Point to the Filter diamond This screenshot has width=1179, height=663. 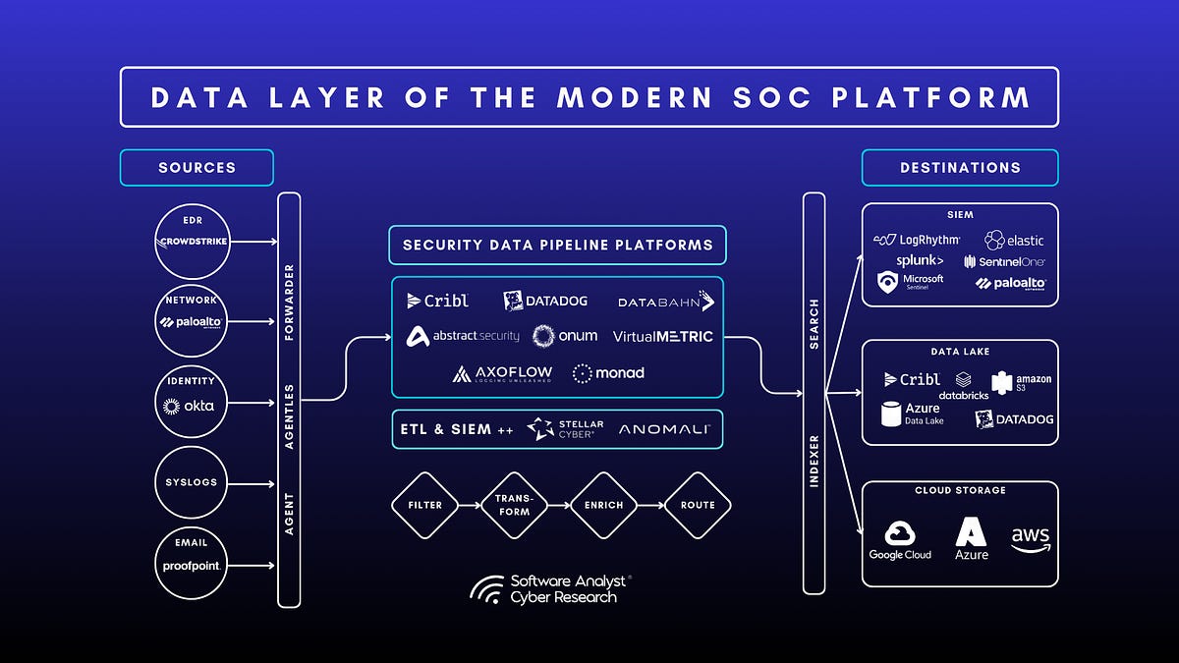(x=424, y=505)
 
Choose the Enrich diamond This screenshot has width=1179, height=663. (x=603, y=505)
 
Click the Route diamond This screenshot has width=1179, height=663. (x=698, y=505)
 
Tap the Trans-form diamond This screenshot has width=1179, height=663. (x=514, y=505)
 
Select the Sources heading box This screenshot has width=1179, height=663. (x=196, y=168)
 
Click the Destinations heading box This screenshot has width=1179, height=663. (x=960, y=168)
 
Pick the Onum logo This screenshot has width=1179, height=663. (x=565, y=336)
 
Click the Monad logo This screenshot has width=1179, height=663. (x=608, y=372)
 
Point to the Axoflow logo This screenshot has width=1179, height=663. (x=502, y=373)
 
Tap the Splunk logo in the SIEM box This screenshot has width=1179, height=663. (x=920, y=260)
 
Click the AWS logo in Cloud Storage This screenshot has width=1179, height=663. (x=1030, y=539)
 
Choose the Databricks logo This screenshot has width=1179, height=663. (x=963, y=386)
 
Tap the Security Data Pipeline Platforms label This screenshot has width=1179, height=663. (x=557, y=245)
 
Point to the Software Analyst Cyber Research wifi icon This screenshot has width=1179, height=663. (x=487, y=588)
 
